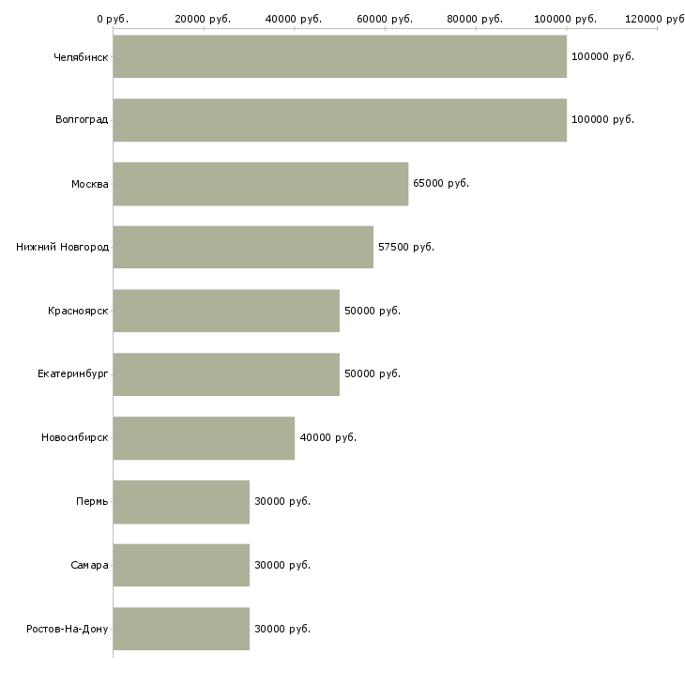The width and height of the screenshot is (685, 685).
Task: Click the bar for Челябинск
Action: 340,56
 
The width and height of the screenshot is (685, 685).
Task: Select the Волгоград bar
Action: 340,120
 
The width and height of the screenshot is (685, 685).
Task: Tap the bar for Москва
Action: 261,184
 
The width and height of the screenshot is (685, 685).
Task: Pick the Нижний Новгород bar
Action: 243,247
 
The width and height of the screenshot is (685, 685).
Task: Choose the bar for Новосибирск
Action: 204,438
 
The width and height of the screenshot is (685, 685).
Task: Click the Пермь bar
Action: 181,502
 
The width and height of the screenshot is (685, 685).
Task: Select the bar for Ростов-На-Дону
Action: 181,629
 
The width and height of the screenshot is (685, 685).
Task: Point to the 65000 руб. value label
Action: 441,184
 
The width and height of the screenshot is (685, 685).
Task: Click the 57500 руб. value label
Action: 406,247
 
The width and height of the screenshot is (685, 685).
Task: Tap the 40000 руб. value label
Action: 327,438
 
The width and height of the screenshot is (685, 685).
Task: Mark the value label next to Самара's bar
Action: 282,565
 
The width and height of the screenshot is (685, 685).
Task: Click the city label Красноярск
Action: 78,311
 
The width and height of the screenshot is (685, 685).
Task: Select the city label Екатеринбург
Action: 73,374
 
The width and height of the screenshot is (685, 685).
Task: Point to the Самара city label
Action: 89,565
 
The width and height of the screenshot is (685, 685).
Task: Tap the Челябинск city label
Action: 81,56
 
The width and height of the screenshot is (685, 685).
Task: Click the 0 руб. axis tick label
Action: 113,19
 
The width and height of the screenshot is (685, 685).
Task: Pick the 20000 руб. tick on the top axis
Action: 204,19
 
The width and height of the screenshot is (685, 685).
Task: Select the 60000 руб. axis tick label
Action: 385,19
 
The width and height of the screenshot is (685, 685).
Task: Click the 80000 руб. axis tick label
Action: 476,19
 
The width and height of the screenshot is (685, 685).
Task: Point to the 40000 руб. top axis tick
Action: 294,19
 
